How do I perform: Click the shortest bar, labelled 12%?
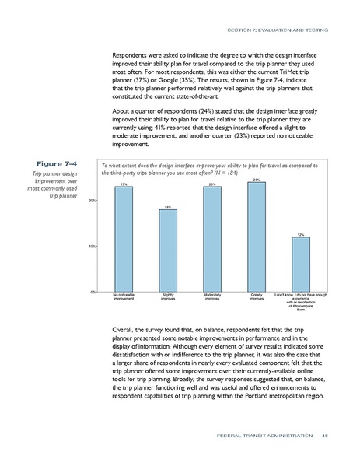coord(300,265)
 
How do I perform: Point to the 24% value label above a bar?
coord(256,180)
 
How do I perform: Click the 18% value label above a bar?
coord(167,207)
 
